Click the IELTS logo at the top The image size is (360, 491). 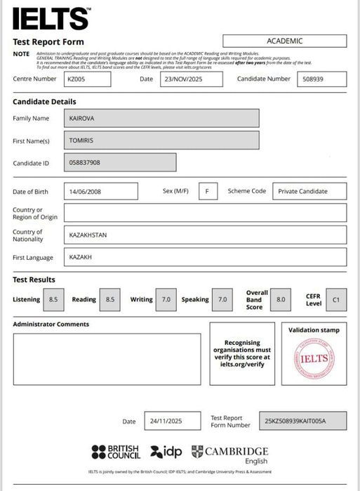51,18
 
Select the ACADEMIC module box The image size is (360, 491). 284,41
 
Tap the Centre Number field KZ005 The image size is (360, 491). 88,79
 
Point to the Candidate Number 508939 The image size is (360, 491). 321,79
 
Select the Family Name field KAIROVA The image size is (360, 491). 161,118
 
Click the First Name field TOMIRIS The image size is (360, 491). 161,140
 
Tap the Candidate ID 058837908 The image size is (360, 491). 120,163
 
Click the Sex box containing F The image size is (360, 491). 208,191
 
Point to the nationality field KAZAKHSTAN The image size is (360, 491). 205,235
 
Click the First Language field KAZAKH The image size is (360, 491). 205,257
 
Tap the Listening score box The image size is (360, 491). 53,299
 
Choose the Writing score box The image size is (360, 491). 166,299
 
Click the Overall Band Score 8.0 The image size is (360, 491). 281,299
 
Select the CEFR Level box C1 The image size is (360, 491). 335,299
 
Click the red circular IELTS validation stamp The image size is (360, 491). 314,357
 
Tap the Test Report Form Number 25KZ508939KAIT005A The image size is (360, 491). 302,421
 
